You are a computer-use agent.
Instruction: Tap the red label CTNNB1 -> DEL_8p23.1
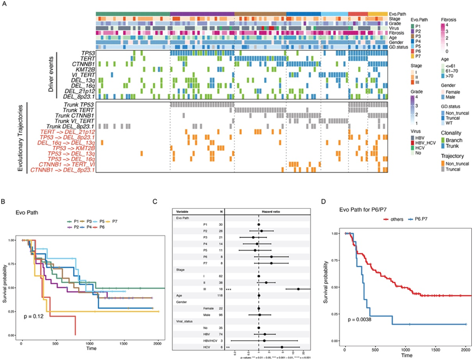[x=63, y=169]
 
